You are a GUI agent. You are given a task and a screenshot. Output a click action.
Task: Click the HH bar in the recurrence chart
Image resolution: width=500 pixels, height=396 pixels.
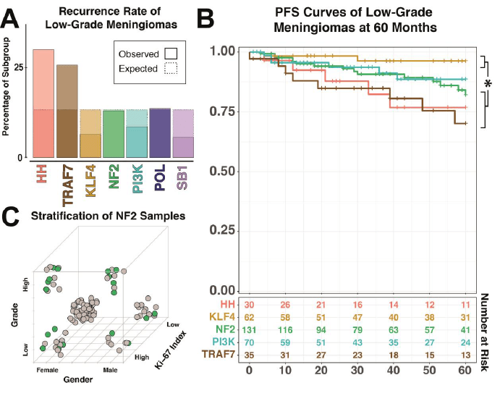click(43, 105)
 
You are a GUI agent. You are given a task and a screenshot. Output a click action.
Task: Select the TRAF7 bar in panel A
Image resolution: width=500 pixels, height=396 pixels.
click(67, 111)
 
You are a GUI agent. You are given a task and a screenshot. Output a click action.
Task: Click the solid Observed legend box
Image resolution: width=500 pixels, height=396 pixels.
click(171, 54)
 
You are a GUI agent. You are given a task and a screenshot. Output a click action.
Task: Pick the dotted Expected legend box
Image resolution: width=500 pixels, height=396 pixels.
click(171, 69)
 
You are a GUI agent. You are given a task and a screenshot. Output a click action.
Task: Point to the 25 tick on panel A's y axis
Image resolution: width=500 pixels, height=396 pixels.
click(17, 67)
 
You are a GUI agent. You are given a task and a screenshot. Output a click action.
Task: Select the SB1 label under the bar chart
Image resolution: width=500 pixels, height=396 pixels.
click(183, 177)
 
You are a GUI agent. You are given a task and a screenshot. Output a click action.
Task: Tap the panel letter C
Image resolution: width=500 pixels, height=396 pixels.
click(11, 216)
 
